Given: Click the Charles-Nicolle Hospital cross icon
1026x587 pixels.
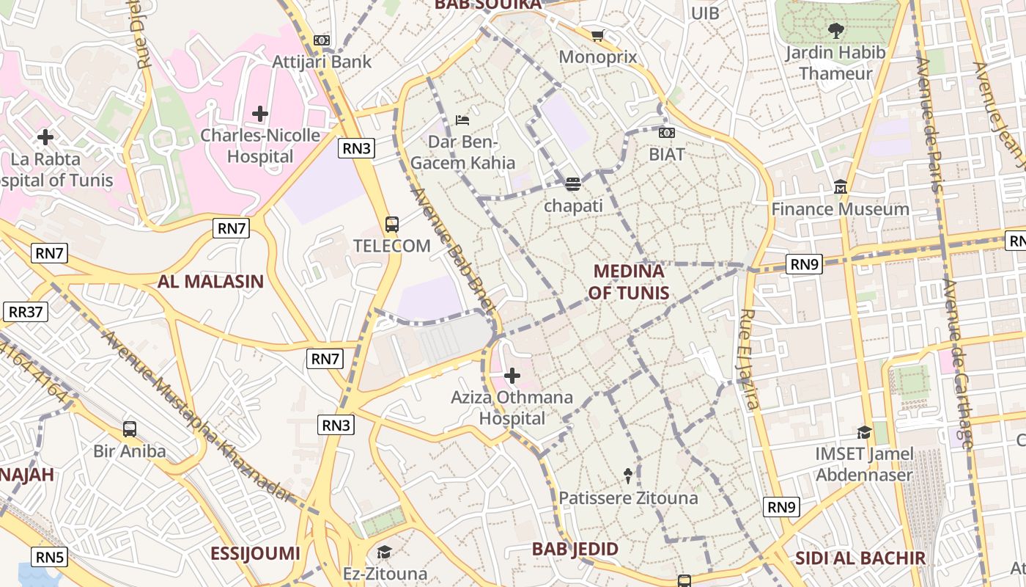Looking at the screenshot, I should pyautogui.click(x=259, y=114).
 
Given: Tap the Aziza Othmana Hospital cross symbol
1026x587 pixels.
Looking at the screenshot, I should pyautogui.click(x=512, y=376).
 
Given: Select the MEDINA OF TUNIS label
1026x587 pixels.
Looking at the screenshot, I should pyautogui.click(x=629, y=282).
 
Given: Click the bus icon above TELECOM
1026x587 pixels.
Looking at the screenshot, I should pyautogui.click(x=392, y=224).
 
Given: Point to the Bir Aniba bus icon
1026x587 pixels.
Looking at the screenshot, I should pyautogui.click(x=130, y=429).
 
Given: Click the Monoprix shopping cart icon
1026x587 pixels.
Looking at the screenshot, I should pyautogui.click(x=598, y=35).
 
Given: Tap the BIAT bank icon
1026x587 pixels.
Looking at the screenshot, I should pyautogui.click(x=667, y=133).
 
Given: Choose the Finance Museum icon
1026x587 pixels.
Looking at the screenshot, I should pyautogui.click(x=841, y=187).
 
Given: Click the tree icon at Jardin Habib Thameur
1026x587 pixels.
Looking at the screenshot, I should pyautogui.click(x=835, y=30).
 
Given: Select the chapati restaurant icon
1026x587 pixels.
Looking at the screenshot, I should pyautogui.click(x=573, y=183).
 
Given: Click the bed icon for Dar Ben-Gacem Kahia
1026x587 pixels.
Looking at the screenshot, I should pyautogui.click(x=462, y=120).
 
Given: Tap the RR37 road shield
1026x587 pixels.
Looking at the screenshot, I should pyautogui.click(x=26, y=312).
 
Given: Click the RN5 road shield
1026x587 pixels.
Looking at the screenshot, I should pyautogui.click(x=49, y=557).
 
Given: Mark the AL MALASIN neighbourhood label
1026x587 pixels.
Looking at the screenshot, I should pyautogui.click(x=210, y=281).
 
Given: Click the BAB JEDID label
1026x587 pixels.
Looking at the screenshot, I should pyautogui.click(x=575, y=549).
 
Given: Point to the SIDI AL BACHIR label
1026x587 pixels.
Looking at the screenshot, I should pyautogui.click(x=860, y=558).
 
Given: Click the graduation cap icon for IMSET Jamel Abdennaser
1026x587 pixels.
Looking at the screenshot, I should pyautogui.click(x=864, y=432).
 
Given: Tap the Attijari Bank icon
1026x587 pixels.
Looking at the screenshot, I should pyautogui.click(x=322, y=40).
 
